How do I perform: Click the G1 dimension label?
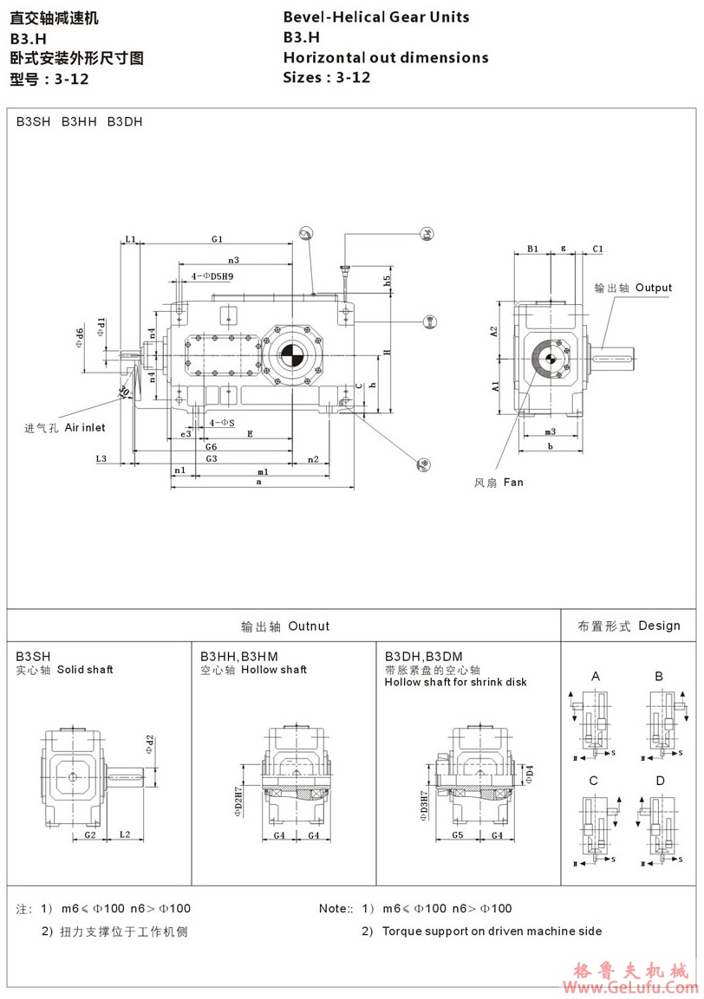[x=217, y=238]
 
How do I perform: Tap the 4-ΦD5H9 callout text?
[x=212, y=276]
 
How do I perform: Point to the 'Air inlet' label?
[x=85, y=428]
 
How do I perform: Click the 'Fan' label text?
[x=512, y=482]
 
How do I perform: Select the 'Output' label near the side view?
[x=653, y=288]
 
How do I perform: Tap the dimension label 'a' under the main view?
[x=258, y=483]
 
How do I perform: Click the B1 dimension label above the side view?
[x=533, y=249]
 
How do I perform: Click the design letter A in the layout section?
[x=596, y=676]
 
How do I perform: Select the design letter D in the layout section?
[x=660, y=781]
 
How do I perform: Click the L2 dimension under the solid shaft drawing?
[x=124, y=834]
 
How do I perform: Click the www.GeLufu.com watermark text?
[x=630, y=988]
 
